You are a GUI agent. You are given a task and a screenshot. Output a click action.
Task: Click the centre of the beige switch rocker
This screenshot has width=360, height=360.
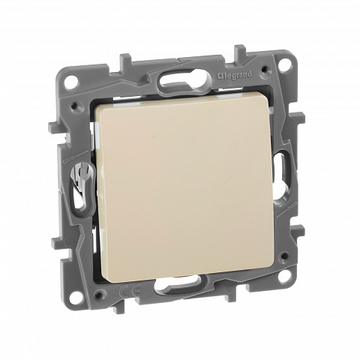point(184,187)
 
